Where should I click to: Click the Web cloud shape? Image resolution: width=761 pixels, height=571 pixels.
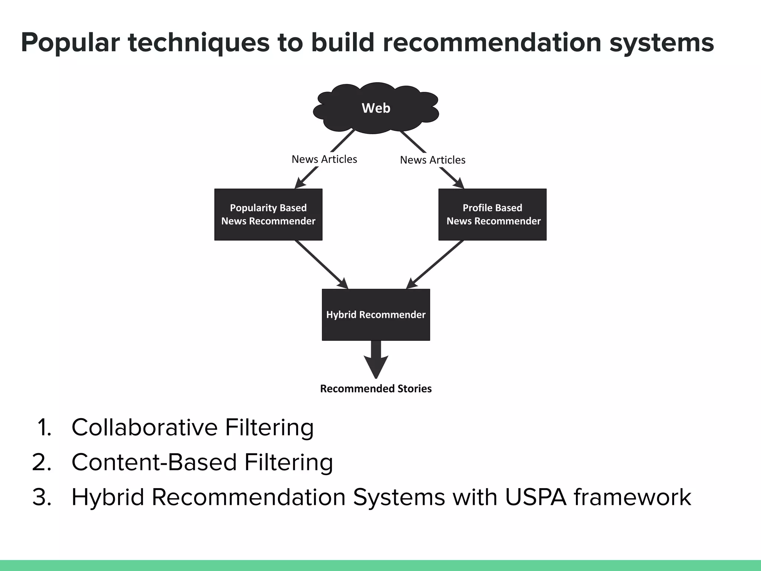[x=376, y=108]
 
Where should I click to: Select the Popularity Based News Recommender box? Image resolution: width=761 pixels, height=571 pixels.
[x=268, y=214]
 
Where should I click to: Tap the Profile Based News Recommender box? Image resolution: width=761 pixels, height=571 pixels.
[x=492, y=214]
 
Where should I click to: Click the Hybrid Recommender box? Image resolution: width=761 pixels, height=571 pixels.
[x=376, y=314]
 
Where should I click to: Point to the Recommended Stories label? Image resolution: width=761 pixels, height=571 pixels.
[x=376, y=388]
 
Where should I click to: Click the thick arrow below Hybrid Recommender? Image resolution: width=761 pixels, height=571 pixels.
[x=376, y=359]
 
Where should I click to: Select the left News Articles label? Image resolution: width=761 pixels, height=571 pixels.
[x=324, y=159]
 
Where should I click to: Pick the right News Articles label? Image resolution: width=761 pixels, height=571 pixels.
[x=433, y=160]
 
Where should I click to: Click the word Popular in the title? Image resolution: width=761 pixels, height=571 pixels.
[x=71, y=43]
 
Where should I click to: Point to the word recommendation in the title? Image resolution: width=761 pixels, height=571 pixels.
[x=492, y=43]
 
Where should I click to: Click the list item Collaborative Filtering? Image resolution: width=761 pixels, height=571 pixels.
[x=192, y=427]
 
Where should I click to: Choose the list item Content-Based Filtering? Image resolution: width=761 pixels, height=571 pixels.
[x=202, y=462]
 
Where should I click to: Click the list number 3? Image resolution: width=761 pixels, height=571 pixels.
[x=42, y=497]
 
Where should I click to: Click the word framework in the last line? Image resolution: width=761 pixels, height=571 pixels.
[x=632, y=497]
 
